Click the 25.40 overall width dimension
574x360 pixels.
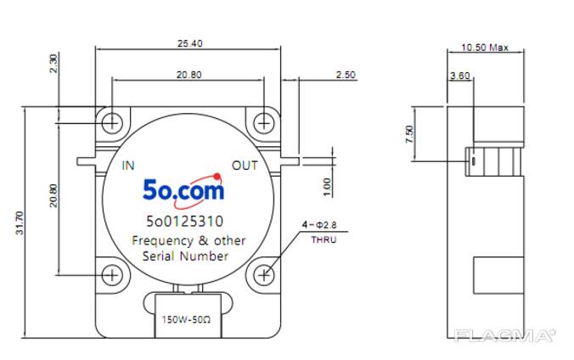(x=189, y=43)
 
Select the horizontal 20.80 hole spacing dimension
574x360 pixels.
(x=189, y=75)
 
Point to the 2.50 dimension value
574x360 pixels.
(x=346, y=75)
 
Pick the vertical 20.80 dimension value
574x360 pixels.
(x=53, y=196)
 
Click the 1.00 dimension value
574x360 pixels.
(x=327, y=184)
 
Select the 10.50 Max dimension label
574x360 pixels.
(x=485, y=48)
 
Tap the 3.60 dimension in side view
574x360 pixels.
(x=459, y=76)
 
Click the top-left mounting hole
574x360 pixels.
(x=112, y=123)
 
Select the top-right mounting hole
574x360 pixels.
(x=265, y=123)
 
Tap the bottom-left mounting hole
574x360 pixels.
(x=112, y=274)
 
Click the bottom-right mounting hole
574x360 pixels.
(x=265, y=274)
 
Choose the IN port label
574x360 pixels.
(x=128, y=165)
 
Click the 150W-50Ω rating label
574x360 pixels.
(x=188, y=321)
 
